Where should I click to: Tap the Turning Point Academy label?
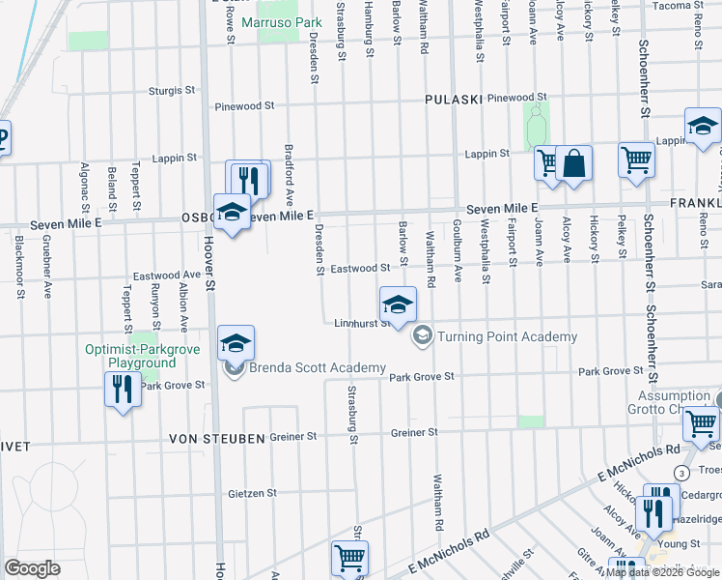(x=507, y=336)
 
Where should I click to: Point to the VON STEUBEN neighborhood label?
(x=217, y=439)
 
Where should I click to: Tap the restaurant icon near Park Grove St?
(x=122, y=390)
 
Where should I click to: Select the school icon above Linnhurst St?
(x=398, y=305)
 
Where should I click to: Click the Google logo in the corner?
(x=33, y=568)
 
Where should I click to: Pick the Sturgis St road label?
(x=173, y=90)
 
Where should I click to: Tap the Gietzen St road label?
(x=253, y=492)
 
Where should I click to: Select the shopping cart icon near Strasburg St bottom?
(x=348, y=557)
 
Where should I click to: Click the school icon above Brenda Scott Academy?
(x=236, y=343)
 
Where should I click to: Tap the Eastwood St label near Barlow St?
(x=360, y=267)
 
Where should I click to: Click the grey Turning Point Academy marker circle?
(x=422, y=336)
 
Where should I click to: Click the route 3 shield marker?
(x=682, y=472)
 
